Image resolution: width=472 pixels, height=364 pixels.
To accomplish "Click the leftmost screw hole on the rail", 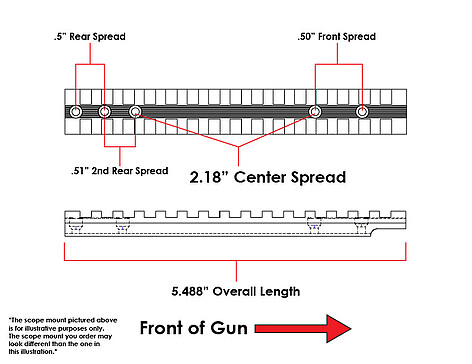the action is click(76, 112).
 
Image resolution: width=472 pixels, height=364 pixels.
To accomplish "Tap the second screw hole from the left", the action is click(105, 112).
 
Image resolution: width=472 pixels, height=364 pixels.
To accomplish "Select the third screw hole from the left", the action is click(135, 112).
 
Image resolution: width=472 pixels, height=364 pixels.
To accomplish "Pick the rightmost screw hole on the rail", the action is click(362, 112).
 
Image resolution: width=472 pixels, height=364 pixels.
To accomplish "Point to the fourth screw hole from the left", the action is click(315, 112).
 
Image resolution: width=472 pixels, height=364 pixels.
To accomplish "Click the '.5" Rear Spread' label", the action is click(90, 36).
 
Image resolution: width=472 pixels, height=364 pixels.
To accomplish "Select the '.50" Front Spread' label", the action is click(337, 36).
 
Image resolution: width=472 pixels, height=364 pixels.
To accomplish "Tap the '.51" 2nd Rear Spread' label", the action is click(120, 171).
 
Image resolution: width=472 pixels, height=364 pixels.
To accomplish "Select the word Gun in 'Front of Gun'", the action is click(229, 328).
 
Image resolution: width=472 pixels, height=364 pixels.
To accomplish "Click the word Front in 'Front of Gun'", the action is click(161, 328).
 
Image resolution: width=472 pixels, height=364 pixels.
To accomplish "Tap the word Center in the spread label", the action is click(260, 177).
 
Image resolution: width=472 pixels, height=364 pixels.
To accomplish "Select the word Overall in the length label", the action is click(235, 291).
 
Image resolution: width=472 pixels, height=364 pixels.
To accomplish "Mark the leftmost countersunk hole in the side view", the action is click(76, 226).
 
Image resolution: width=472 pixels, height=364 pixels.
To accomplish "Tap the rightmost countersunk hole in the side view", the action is click(361, 225).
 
